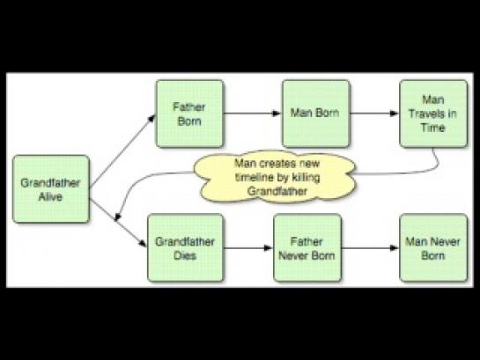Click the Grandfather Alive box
pos(51,189)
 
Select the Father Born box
pos(189,114)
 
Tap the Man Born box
pos(316,114)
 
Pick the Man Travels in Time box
pos(433,114)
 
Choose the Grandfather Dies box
pos(186,247)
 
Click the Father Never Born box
pos(307,247)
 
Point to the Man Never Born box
pos(433,247)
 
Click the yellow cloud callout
pos(276,177)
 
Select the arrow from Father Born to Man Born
pos(252,114)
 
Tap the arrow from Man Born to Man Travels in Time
pos(374,114)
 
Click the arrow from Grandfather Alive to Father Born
pos(122,151)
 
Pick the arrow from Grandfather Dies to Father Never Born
pos(248,247)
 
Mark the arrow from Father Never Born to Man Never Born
pos(370,247)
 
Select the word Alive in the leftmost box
pos(50,196)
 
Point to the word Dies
pos(185,255)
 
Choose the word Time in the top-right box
pos(432,128)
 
